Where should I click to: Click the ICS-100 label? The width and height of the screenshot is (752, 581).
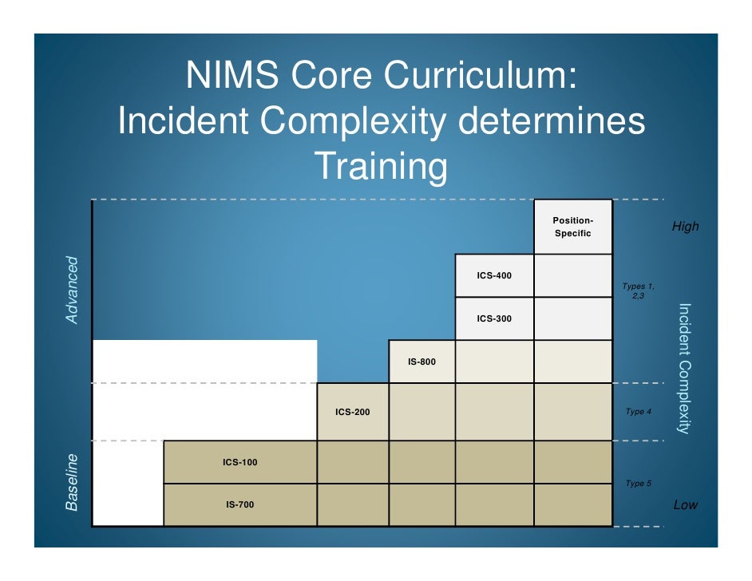239,462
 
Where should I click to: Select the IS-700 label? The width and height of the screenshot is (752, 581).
239,504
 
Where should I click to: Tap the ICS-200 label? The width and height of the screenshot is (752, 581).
352,412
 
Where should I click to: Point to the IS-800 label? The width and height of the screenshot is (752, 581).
422,362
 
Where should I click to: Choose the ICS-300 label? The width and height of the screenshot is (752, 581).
494,318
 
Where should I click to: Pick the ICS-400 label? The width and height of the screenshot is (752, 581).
494,275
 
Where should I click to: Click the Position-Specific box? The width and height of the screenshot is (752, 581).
572,227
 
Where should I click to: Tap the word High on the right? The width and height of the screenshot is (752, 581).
685,227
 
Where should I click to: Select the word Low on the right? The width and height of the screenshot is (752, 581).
685,504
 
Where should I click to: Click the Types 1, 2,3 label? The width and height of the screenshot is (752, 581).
638,290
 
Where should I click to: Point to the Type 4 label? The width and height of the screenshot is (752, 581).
638,412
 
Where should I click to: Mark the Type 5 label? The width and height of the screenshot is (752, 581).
638,484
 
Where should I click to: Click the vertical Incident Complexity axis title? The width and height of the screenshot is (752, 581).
683,368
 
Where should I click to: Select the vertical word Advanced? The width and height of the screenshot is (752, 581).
73,290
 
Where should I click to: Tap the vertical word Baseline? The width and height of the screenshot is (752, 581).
73,482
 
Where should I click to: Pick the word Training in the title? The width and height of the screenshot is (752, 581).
380,167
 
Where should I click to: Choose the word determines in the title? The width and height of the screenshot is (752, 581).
551,122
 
